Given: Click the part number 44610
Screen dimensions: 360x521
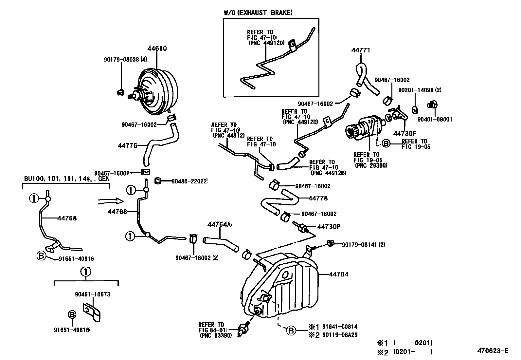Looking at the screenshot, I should [157, 48].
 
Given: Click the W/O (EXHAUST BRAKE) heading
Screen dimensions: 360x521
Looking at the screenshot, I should [258, 13].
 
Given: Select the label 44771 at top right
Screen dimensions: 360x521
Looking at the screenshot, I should [361, 50].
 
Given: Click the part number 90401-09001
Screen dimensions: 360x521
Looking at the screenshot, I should [435, 120].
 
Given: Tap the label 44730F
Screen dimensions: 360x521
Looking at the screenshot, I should [404, 133].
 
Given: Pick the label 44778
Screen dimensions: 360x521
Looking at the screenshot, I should [318, 198].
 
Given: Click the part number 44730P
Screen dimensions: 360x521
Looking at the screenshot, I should [329, 226].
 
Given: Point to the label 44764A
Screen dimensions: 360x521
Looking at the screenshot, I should [219, 224].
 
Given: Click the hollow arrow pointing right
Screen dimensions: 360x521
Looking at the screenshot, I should [111, 201].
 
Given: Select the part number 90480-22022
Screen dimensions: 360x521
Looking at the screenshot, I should [190, 181].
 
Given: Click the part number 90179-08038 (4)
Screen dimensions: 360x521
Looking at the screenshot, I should [125, 60].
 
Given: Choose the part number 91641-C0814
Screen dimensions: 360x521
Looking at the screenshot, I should [340, 327].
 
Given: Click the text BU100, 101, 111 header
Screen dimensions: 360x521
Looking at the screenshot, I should [65, 179].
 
